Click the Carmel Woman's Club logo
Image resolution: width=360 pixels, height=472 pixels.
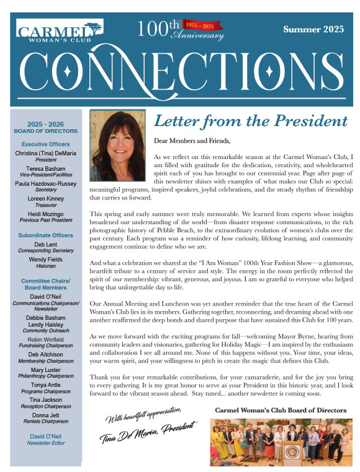click(x=60, y=31)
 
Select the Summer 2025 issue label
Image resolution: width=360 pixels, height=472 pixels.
click(x=314, y=30)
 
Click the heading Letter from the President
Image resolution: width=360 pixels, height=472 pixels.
click(x=250, y=120)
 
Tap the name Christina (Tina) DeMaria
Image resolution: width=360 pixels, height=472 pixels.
click(x=45, y=153)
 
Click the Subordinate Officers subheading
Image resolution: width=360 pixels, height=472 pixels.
click(x=45, y=235)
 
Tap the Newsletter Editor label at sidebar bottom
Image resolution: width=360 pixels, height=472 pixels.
click(x=45, y=443)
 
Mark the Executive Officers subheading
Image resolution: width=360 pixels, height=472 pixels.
click(x=45, y=143)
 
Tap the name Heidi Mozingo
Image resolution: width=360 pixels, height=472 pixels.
click(x=45, y=212)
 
